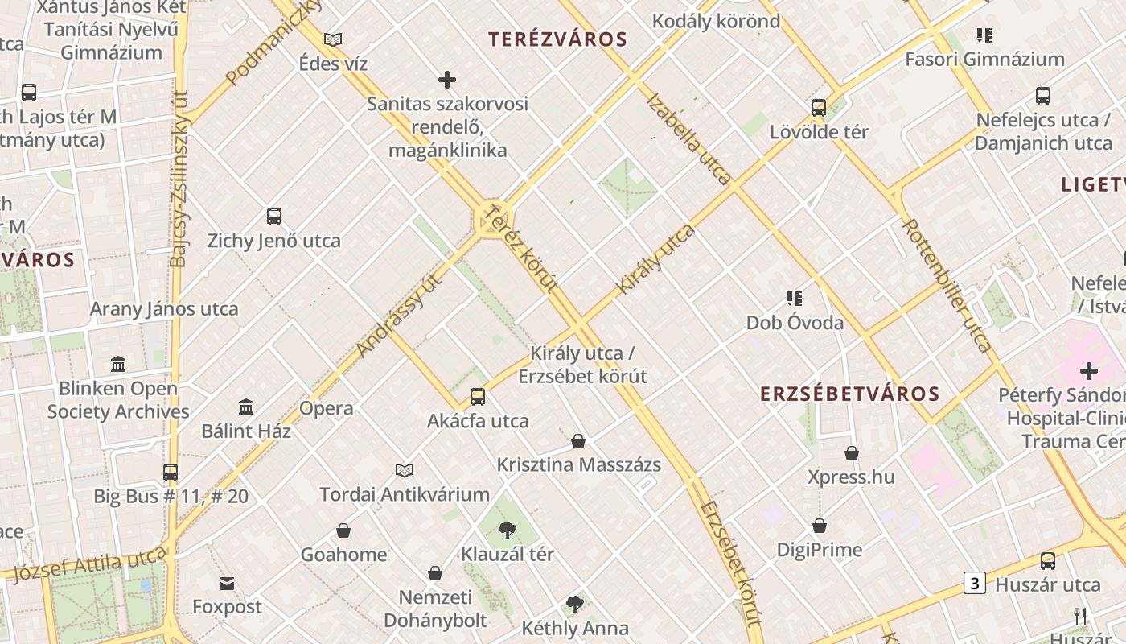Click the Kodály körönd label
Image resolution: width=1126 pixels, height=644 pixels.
point(716,21)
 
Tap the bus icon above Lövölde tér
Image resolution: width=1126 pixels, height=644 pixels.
point(819,107)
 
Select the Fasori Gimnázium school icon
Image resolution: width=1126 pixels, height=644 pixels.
point(984,35)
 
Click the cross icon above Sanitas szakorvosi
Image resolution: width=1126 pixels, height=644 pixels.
point(447,80)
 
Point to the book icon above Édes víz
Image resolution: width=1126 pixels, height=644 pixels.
point(332,39)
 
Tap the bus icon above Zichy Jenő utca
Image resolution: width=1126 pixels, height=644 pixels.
point(273,217)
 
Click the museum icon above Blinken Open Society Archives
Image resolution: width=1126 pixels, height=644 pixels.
point(118,364)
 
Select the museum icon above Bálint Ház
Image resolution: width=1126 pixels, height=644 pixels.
point(246,407)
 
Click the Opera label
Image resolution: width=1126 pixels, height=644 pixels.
point(326,408)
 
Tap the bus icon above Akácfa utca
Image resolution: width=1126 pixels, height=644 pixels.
point(478,396)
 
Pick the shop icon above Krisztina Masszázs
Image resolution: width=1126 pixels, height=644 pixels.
point(578,441)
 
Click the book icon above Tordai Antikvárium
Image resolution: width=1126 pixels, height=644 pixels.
point(405,470)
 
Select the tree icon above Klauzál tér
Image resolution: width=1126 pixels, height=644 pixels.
point(507,530)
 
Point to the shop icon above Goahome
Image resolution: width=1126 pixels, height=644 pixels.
point(343,530)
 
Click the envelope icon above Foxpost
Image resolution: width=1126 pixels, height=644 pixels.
point(227,583)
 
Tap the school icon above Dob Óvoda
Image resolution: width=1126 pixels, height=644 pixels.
point(795,299)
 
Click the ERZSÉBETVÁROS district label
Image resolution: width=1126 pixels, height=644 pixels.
point(850,394)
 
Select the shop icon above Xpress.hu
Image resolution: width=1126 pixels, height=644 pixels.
point(851,453)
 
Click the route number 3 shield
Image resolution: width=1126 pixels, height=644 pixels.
point(975,583)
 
